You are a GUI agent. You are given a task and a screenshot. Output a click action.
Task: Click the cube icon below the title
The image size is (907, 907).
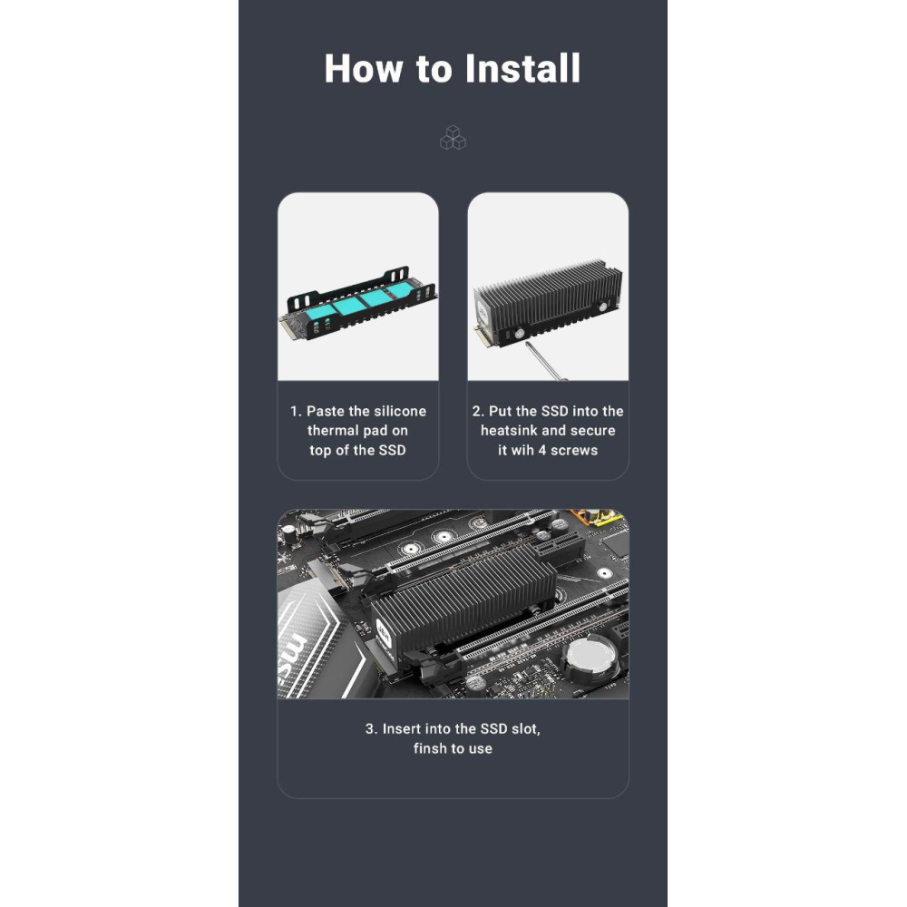(453, 138)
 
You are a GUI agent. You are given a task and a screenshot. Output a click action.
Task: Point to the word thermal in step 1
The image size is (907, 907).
(333, 430)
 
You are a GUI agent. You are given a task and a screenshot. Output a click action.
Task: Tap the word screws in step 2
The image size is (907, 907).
(574, 450)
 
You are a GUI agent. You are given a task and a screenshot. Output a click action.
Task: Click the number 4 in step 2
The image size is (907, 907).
(542, 450)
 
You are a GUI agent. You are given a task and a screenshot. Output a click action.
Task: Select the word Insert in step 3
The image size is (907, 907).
(402, 729)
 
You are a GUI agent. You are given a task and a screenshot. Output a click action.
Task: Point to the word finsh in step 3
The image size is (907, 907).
(429, 748)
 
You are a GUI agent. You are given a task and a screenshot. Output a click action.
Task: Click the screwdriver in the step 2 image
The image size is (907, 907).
(546, 361)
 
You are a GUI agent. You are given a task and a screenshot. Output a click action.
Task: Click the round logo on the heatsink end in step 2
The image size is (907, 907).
(482, 312)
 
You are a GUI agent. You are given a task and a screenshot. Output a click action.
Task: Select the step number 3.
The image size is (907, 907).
(371, 729)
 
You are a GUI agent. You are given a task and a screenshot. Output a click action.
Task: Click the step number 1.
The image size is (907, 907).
(295, 411)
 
